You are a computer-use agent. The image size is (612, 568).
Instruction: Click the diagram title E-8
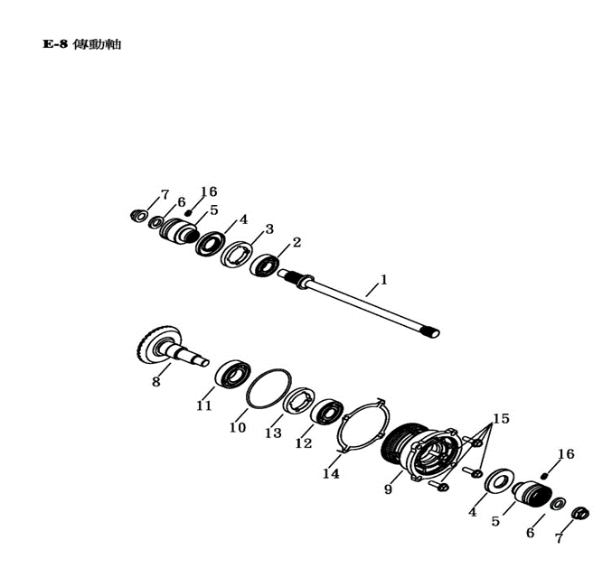tap(55, 44)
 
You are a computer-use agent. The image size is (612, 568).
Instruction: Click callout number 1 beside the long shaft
tap(384, 280)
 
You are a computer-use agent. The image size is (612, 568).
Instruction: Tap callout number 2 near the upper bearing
tap(297, 243)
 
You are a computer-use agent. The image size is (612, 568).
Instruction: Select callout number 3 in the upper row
tap(269, 228)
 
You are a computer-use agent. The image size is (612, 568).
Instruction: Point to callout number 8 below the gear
tap(156, 382)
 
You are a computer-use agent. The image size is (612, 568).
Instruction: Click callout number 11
tap(203, 405)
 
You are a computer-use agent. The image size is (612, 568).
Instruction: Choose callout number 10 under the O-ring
tap(238, 428)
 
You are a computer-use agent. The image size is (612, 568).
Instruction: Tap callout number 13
tap(273, 433)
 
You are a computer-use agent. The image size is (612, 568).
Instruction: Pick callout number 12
tap(304, 443)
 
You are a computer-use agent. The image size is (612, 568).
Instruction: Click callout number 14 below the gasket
tap(331, 474)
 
